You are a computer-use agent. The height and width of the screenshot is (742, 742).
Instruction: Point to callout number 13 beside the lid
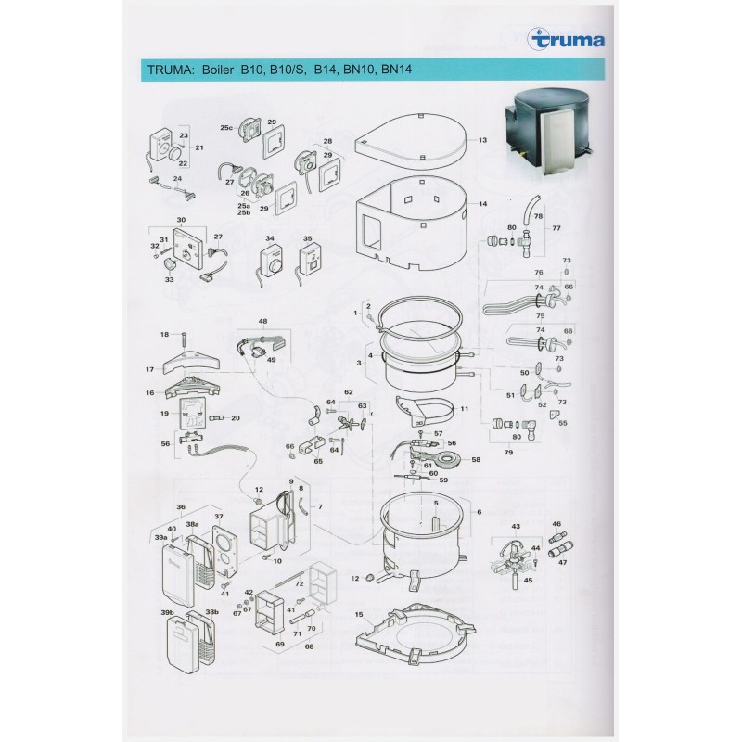pyautogui.click(x=482, y=140)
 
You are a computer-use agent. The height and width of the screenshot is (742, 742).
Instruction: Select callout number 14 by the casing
pyautogui.click(x=482, y=203)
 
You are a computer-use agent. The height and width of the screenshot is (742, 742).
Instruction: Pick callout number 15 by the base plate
pyautogui.click(x=358, y=615)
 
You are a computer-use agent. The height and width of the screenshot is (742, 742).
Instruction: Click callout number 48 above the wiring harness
pyautogui.click(x=262, y=322)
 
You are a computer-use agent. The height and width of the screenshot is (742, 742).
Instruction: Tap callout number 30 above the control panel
pyautogui.click(x=182, y=220)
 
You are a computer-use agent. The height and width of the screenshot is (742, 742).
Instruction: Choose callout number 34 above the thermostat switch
pyautogui.click(x=270, y=238)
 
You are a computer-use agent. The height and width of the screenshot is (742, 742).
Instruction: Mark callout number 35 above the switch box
pyautogui.click(x=308, y=238)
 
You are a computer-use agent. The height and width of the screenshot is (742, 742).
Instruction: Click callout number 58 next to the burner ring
pyautogui.click(x=477, y=459)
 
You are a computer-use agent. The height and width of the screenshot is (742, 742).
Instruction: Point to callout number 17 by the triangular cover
pyautogui.click(x=148, y=369)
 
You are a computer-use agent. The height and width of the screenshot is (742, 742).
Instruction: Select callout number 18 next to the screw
pyautogui.click(x=164, y=334)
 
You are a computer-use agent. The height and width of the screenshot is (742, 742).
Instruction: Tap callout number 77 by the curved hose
pyautogui.click(x=556, y=226)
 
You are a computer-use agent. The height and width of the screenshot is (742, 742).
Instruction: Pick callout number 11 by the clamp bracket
pyautogui.click(x=464, y=409)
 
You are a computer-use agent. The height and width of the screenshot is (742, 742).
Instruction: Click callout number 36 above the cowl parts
pyautogui.click(x=182, y=506)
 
